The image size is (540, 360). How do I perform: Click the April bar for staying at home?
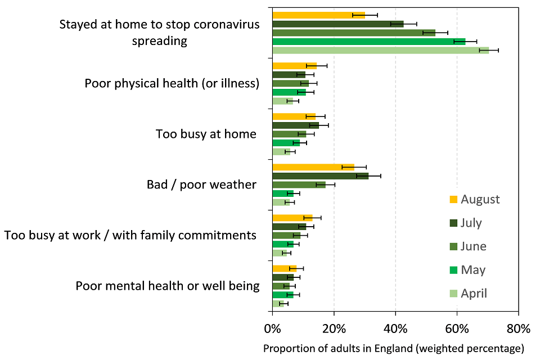[380, 50]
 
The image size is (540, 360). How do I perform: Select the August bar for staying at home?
[318, 15]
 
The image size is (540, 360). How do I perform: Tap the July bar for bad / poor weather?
[320, 176]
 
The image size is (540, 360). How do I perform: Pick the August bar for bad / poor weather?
[313, 167]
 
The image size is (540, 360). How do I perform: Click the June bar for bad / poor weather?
[299, 184]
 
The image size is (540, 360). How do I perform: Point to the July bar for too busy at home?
[295, 125]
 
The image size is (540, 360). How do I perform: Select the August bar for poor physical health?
[294, 66]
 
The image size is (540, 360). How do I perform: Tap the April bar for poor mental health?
[278, 304]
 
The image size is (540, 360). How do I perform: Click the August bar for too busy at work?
[292, 218]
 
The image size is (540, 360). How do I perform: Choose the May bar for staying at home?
[368, 41]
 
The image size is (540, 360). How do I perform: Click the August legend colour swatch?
[453, 199]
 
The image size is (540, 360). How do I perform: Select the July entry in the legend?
[471, 223]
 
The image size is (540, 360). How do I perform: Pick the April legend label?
[474, 294]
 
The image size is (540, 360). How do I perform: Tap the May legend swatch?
[453, 270]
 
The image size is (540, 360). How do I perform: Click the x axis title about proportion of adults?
[393, 348]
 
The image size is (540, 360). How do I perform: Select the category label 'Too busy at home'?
[206, 134]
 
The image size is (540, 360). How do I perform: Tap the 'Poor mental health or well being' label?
[168, 286]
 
